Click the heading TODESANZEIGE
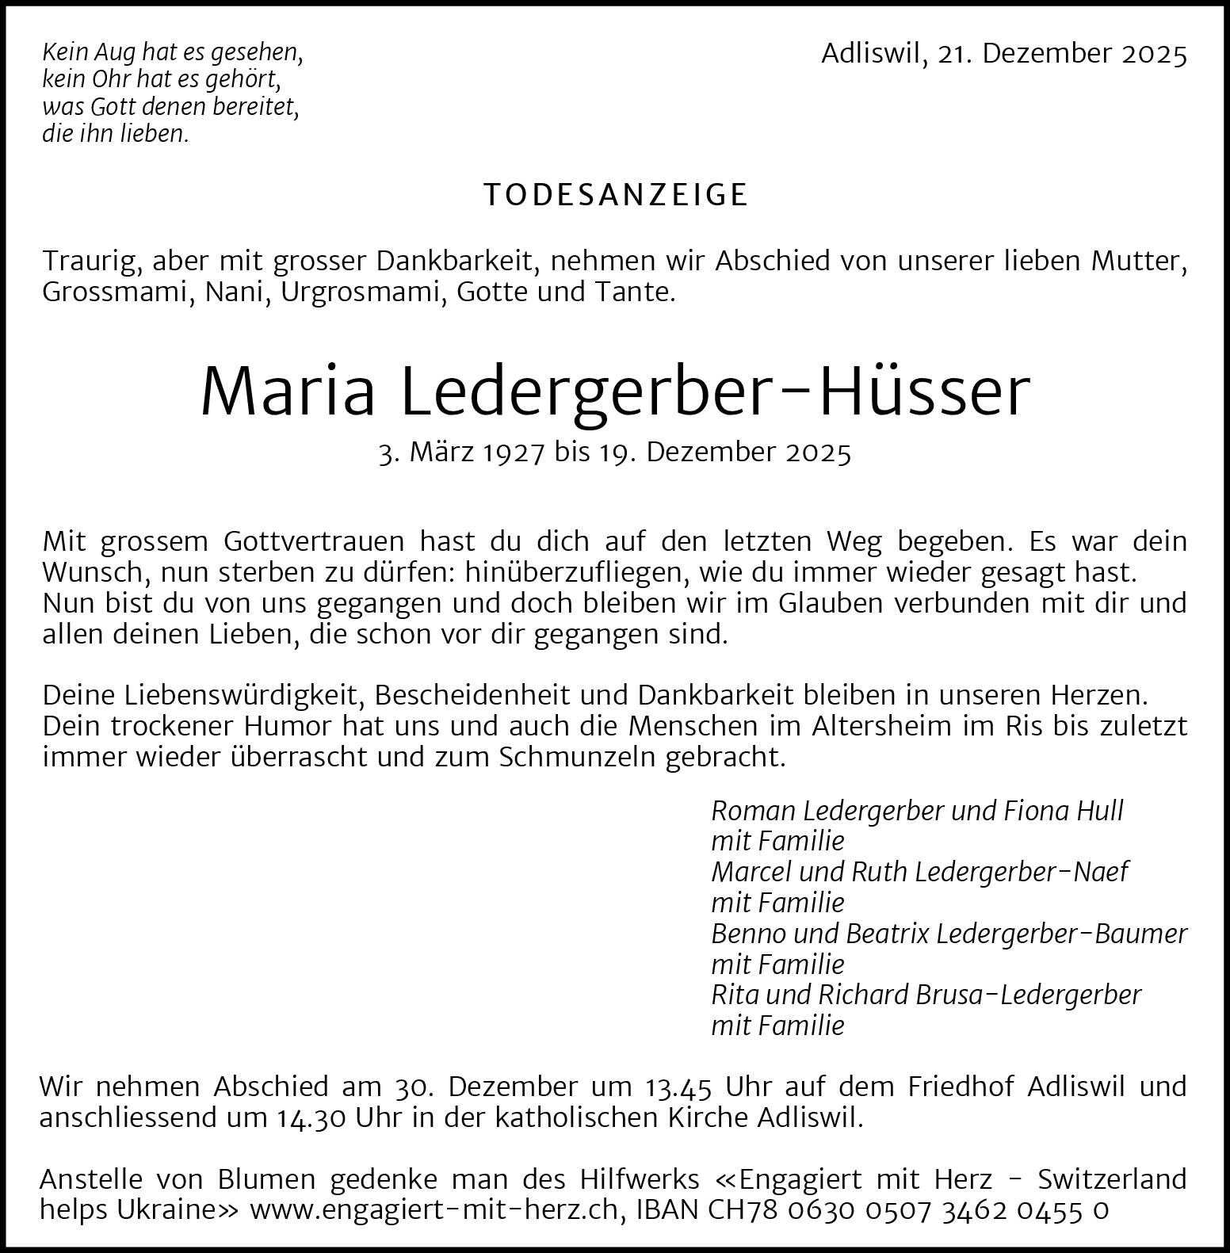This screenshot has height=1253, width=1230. click(x=616, y=195)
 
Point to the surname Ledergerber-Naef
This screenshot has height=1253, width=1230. click(x=1021, y=872)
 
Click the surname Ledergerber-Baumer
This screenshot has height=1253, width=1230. click(x=1061, y=934)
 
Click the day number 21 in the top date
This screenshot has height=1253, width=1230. click(x=951, y=54)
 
